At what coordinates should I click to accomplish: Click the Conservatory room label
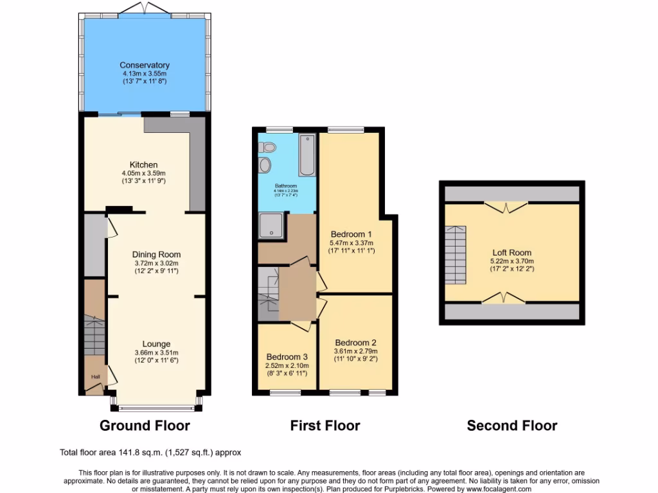[x=144, y=65]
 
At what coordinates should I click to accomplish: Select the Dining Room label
[x=157, y=254]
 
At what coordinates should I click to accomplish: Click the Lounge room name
[x=156, y=344]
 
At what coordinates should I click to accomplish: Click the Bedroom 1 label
[x=351, y=234]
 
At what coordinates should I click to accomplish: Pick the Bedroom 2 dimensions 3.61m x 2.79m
[x=355, y=351]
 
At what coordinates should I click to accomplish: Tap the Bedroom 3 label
[x=287, y=357]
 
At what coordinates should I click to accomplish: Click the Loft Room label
[x=512, y=252]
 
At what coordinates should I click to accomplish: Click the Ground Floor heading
[x=145, y=425]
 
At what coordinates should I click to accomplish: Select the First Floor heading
[x=325, y=425]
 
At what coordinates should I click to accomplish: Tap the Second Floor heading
[x=512, y=425]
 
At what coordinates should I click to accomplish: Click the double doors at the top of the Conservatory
[x=145, y=8]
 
